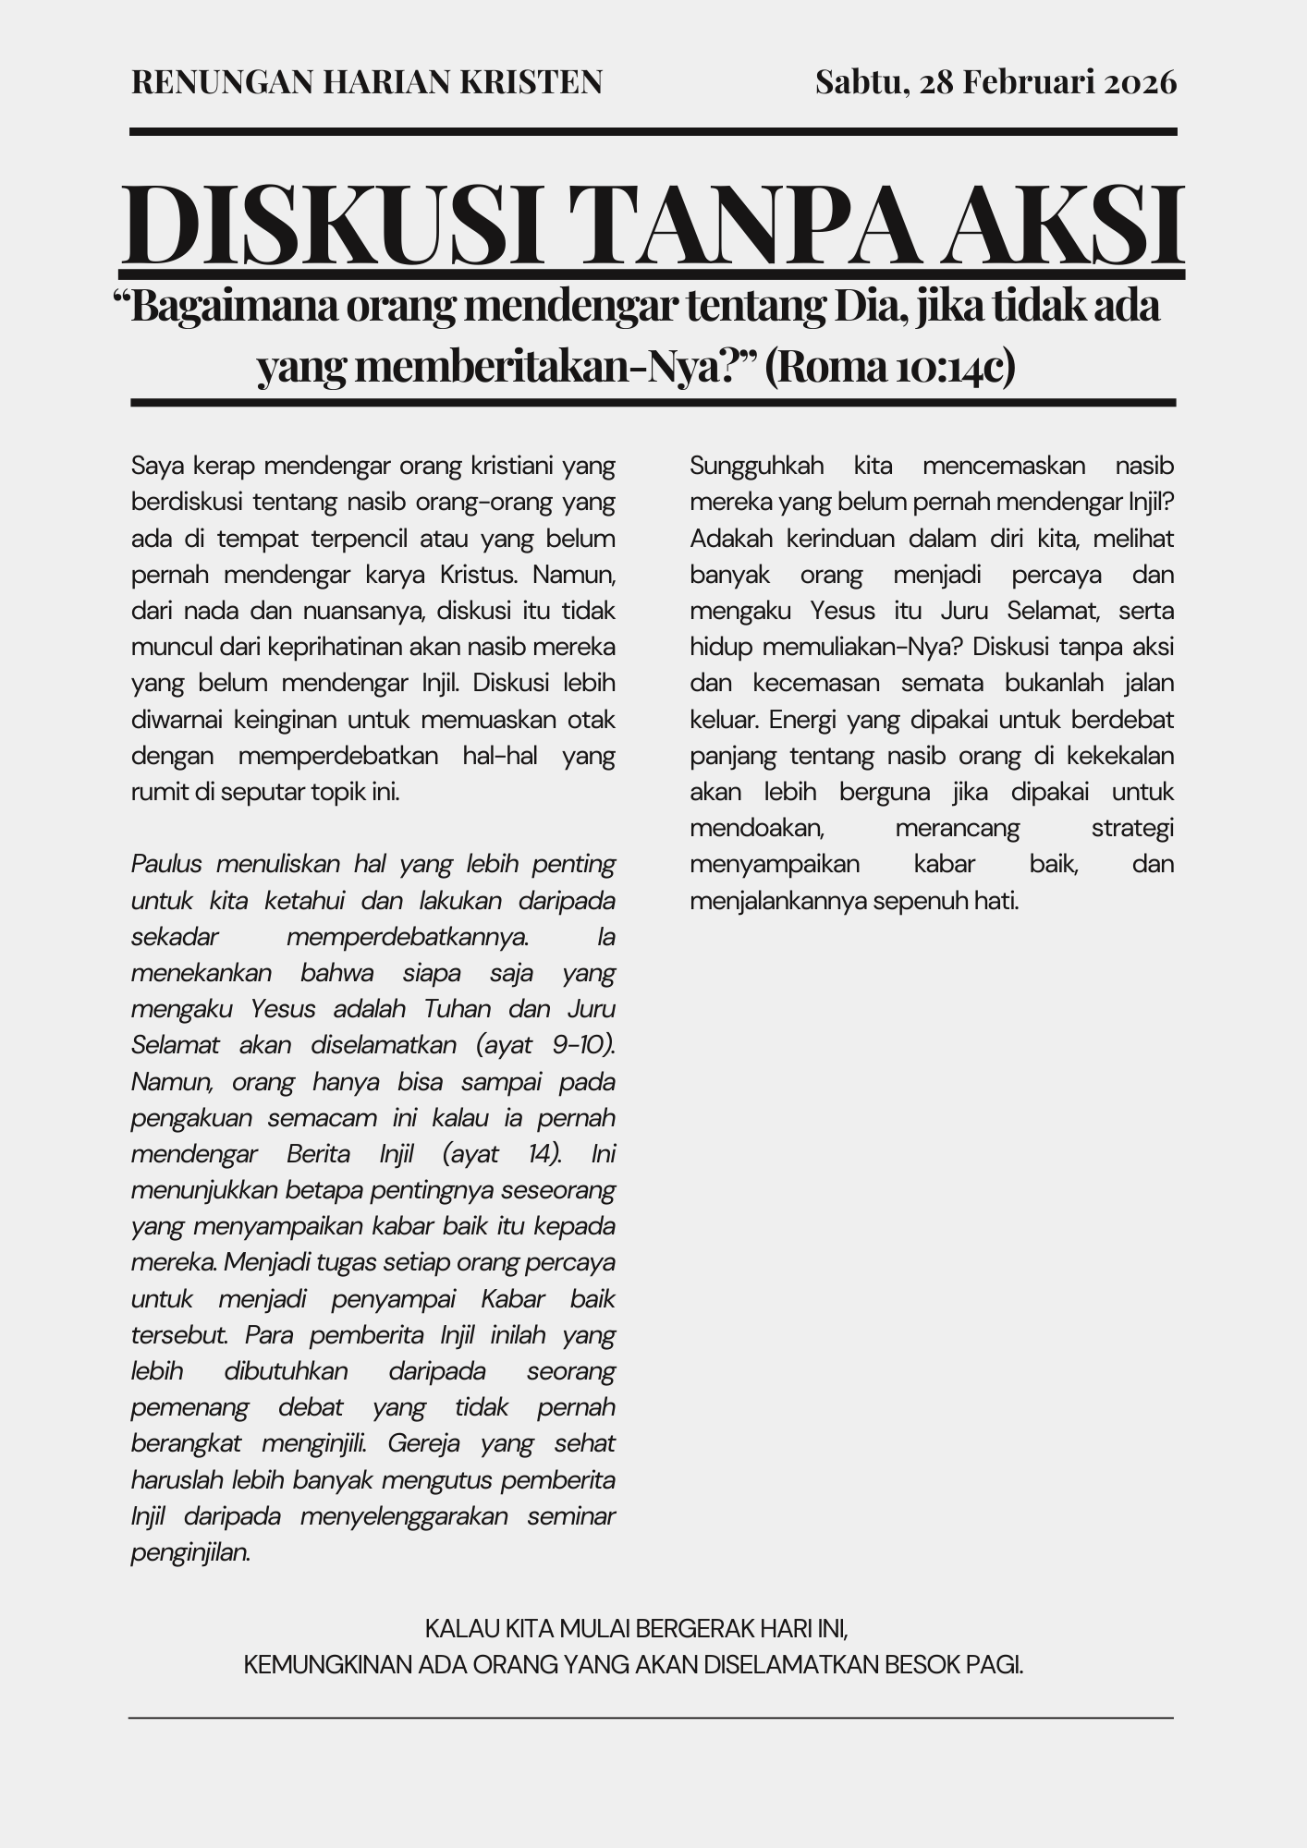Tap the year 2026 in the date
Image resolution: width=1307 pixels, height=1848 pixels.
[x=1142, y=83]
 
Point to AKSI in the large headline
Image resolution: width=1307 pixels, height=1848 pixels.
[x=1068, y=225]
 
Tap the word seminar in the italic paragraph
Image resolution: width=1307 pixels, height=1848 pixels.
[x=571, y=1516]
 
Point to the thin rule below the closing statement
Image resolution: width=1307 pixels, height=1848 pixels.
[x=651, y=1718]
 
